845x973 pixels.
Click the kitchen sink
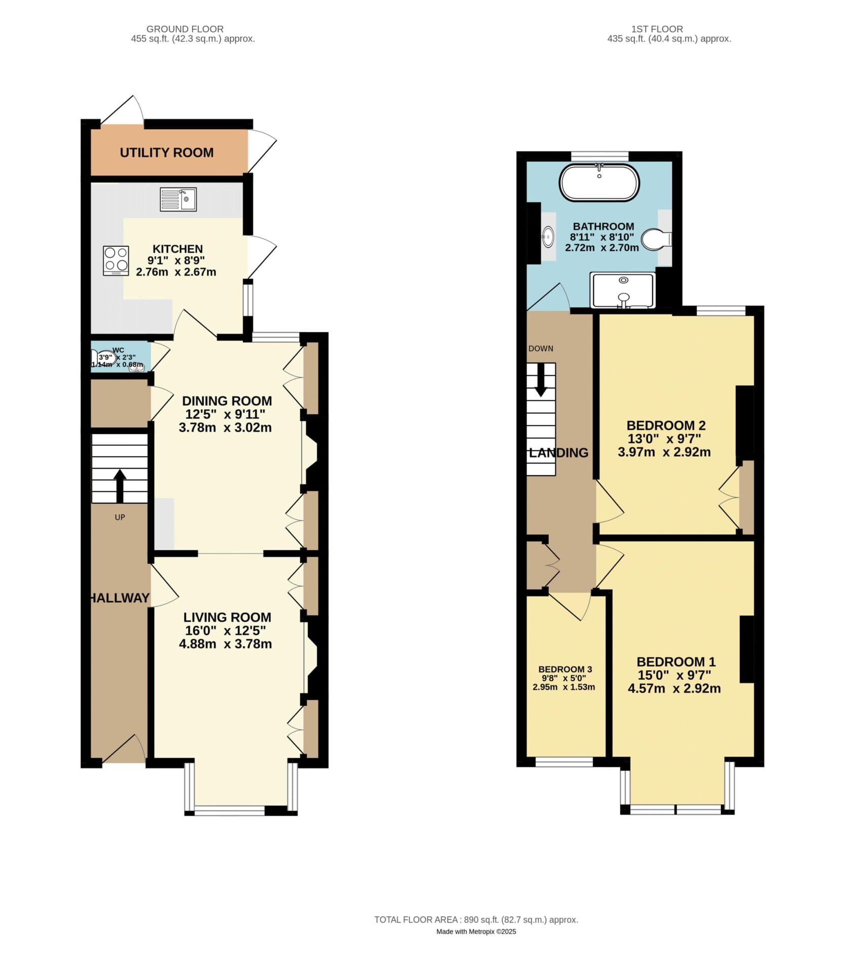pyautogui.click(x=178, y=199)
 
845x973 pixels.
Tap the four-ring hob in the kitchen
pyautogui.click(x=116, y=260)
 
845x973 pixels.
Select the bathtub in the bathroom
pyautogui.click(x=599, y=182)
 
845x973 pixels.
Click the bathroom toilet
pyautogui.click(x=656, y=239)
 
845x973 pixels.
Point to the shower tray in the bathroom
pyautogui.click(x=623, y=290)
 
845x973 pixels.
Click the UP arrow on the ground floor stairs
pyautogui.click(x=119, y=485)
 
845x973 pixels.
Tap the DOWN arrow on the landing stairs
pyautogui.click(x=541, y=380)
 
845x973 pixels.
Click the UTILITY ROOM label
pyautogui.click(x=167, y=153)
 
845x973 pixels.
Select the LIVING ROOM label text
pyautogui.click(x=227, y=617)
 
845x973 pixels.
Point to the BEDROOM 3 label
pyautogui.click(x=565, y=669)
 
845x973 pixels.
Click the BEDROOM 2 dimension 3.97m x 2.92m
pyautogui.click(x=664, y=452)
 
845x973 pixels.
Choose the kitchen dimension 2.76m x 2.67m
pyautogui.click(x=176, y=272)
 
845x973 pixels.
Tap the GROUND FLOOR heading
pyautogui.click(x=185, y=29)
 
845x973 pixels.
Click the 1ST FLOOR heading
pyautogui.click(x=657, y=29)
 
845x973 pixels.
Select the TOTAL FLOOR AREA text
pyautogui.click(x=476, y=920)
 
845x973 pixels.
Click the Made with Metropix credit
pyautogui.click(x=476, y=931)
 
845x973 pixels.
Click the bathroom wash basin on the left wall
pyautogui.click(x=547, y=236)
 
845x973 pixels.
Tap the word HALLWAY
pyautogui.click(x=119, y=598)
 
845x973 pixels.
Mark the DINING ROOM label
pyautogui.click(x=227, y=401)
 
